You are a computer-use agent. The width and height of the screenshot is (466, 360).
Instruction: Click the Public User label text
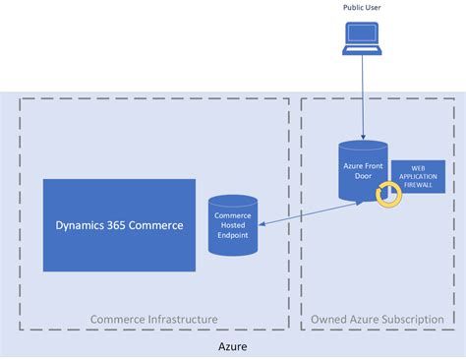tap(363, 8)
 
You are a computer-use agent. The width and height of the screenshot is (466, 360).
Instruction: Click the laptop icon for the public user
tap(363, 38)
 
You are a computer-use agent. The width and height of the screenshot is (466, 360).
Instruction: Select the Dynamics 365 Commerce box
tap(119, 224)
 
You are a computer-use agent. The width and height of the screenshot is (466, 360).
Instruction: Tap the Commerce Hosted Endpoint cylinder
tap(233, 225)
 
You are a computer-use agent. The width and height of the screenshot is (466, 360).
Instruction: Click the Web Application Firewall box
tap(418, 177)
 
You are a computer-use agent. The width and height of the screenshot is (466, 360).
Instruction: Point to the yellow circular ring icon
tap(387, 195)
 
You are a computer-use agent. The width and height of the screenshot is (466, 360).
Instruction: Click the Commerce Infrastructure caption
tap(153, 319)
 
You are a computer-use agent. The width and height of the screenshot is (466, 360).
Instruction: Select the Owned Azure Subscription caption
tap(375, 319)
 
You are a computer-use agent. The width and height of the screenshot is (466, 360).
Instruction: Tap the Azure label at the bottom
tap(233, 346)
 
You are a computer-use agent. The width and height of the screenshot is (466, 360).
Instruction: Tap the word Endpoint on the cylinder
tap(233, 235)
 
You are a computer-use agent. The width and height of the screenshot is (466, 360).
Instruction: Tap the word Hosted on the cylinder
tap(233, 225)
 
